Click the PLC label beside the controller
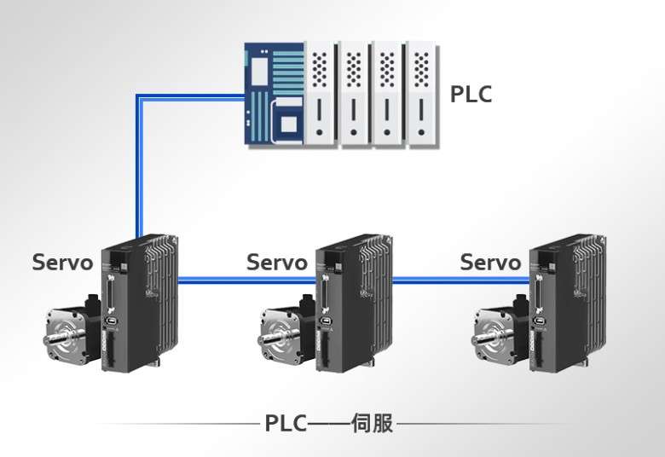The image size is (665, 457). coord(471,94)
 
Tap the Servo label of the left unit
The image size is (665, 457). coord(62,262)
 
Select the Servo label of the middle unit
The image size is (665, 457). coord(276,262)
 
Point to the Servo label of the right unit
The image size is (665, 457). coord(490,262)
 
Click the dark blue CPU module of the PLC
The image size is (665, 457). coord(273,94)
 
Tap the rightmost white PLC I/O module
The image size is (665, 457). coord(420,94)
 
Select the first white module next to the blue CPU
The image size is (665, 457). coord(320,94)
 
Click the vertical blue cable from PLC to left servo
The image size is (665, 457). coord(138,171)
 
